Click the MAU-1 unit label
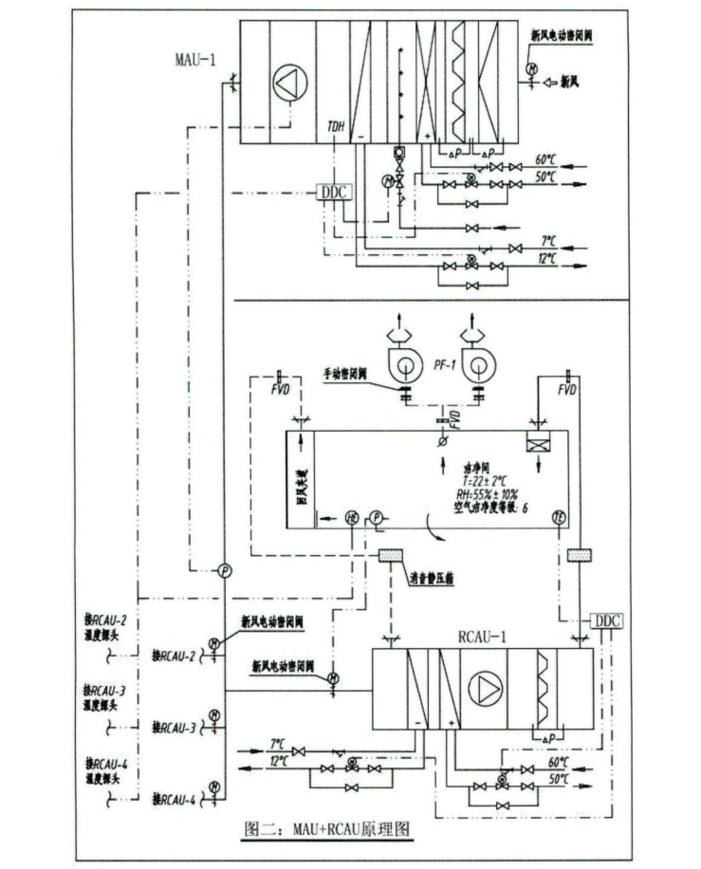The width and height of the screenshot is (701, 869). pos(194,60)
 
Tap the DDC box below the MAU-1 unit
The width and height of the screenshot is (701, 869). pos(335,192)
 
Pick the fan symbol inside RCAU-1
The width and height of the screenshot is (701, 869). pos(485,690)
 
